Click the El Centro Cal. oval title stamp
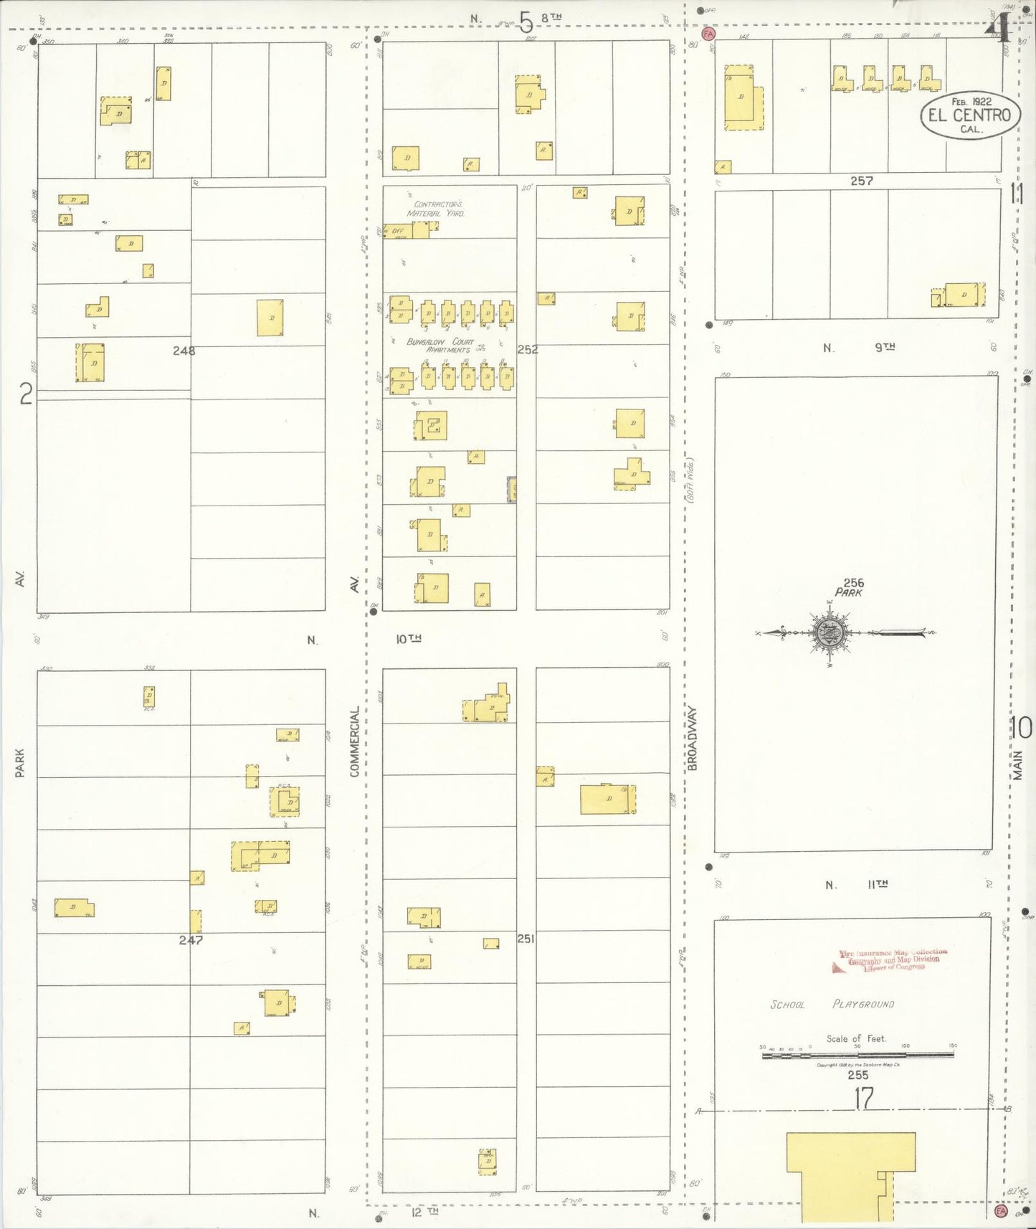[969, 115]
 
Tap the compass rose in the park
[831, 632]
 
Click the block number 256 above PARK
[853, 583]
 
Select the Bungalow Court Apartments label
[439, 346]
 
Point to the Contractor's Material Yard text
[436, 209]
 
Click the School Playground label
[832, 1005]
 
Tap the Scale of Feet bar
[857, 1055]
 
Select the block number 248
[184, 351]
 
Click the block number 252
[528, 350]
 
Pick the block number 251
[526, 939]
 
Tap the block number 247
[191, 940]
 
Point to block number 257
[861, 181]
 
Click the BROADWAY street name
[693, 739]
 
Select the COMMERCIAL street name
[354, 741]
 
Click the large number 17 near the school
[863, 1098]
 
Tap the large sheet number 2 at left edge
[26, 394]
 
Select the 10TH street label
[409, 638]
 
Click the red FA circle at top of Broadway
[708, 34]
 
